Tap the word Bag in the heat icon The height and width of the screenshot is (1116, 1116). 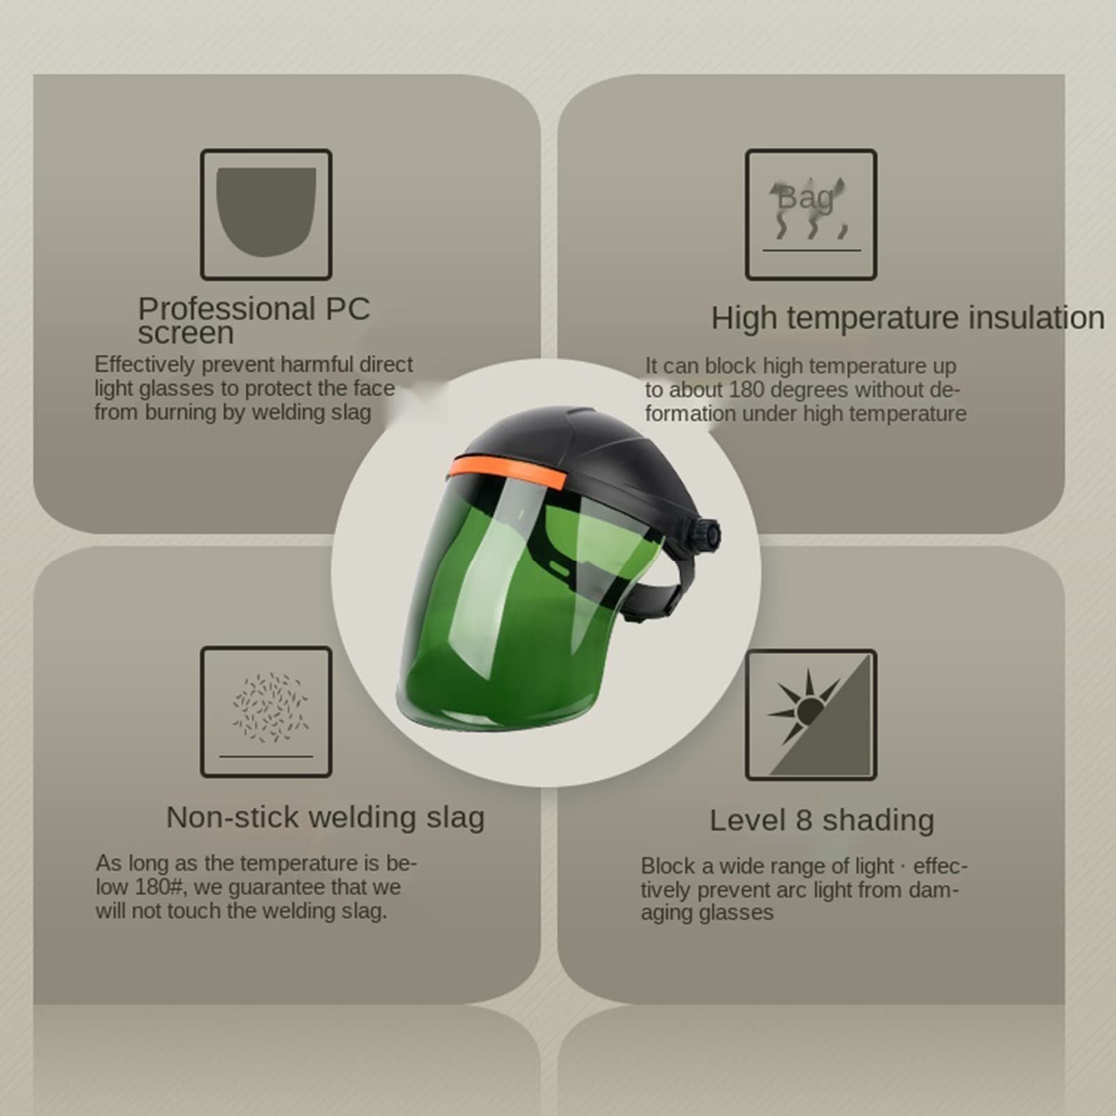[x=806, y=198]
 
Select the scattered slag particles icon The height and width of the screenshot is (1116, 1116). [x=269, y=707]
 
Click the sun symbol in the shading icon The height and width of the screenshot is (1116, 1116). [x=807, y=710]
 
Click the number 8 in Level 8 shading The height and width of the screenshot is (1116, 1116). [x=804, y=820]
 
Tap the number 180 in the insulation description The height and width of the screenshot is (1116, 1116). [x=748, y=389]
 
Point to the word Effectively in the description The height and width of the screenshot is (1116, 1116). [x=144, y=364]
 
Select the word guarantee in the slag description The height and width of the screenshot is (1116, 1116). [x=278, y=887]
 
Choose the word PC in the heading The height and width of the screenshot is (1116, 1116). [x=347, y=308]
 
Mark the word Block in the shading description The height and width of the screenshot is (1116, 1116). [x=668, y=866]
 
